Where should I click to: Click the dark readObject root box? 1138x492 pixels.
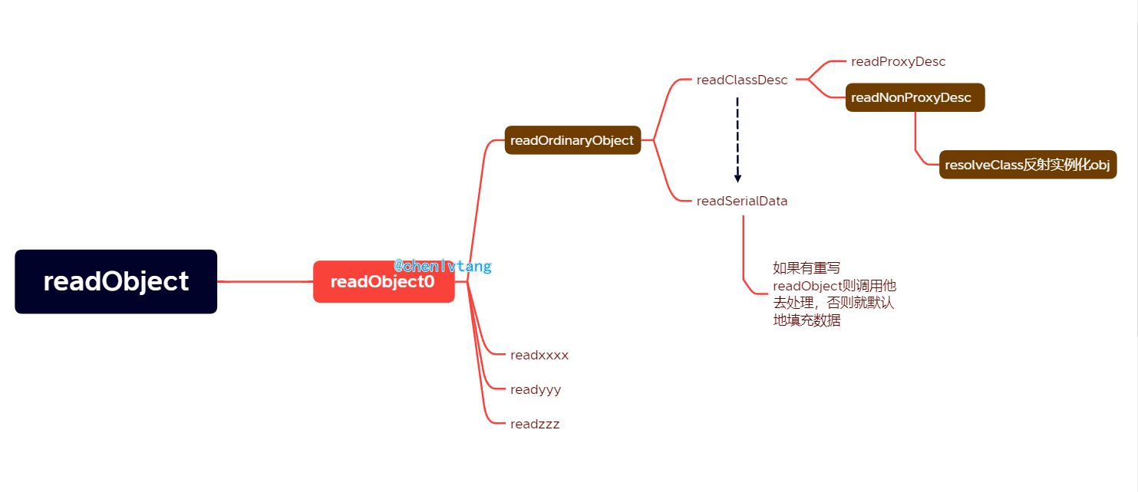click(x=116, y=281)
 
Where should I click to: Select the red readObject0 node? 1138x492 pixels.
click(x=384, y=282)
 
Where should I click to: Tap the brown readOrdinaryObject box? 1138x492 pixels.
click(x=572, y=140)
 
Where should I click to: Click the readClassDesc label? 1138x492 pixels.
click(x=742, y=80)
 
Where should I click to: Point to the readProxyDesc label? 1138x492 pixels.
click(x=898, y=62)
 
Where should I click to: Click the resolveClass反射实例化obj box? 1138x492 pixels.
click(x=1027, y=165)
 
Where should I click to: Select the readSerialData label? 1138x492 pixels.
click(x=742, y=202)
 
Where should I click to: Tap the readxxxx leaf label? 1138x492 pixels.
click(x=539, y=356)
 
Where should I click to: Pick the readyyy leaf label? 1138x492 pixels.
click(x=536, y=390)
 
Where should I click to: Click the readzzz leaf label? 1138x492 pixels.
click(x=535, y=425)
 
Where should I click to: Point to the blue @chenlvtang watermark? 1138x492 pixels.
click(x=443, y=267)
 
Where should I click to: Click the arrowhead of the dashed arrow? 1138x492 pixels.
click(x=737, y=178)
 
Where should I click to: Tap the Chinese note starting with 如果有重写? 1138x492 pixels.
click(x=833, y=294)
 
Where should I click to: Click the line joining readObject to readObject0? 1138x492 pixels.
click(x=265, y=282)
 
